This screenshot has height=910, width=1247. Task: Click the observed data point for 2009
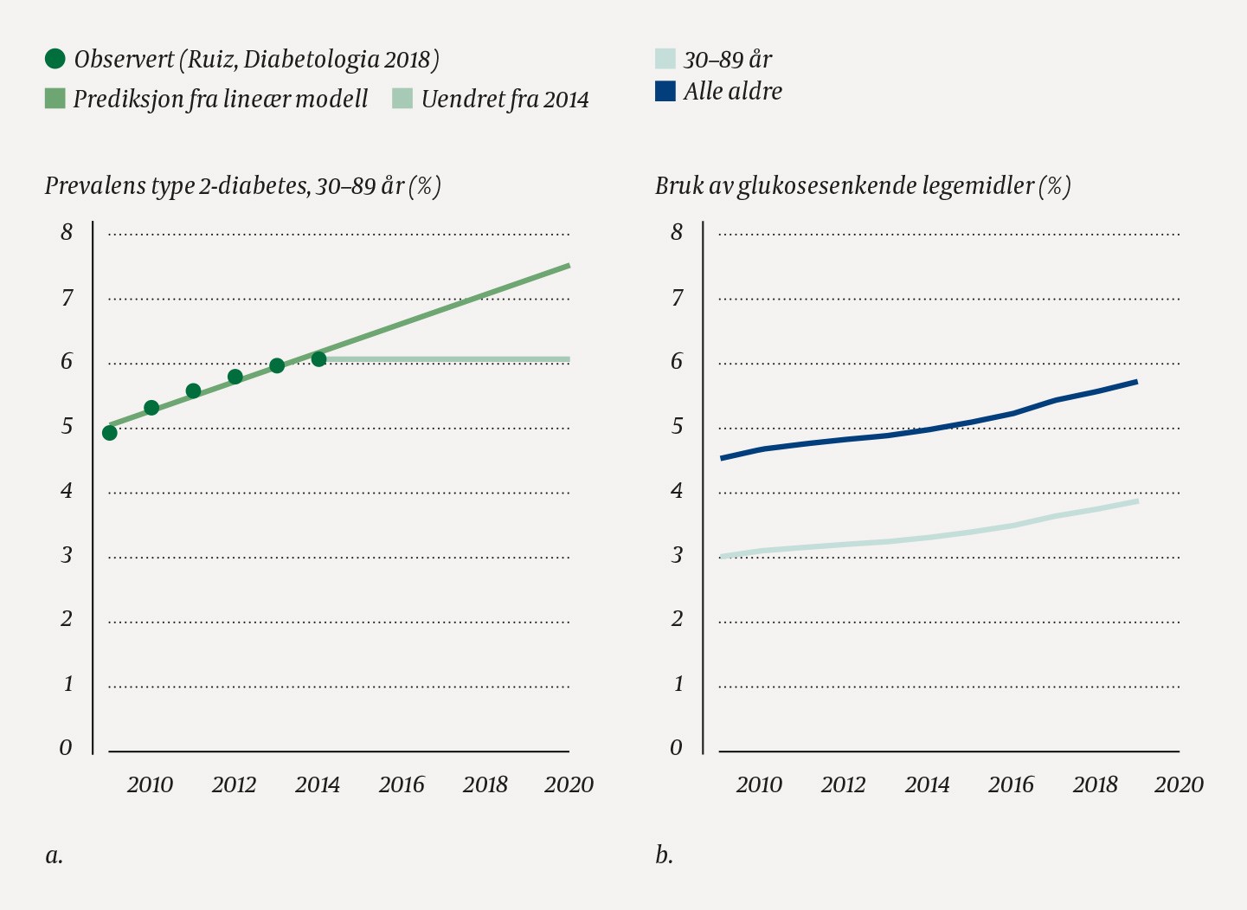[109, 433]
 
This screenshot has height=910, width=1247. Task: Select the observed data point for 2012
[235, 377]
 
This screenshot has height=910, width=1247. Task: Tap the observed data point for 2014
[318, 359]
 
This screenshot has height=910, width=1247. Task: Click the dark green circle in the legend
[55, 59]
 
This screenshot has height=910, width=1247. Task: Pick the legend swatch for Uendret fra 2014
[402, 99]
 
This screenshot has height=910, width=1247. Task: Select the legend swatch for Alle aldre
[665, 91]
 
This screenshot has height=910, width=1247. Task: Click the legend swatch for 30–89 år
[665, 59]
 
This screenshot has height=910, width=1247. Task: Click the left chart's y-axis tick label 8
[67, 232]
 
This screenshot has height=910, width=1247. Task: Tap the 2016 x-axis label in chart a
[402, 784]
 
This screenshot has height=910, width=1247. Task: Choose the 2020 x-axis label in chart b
[1179, 784]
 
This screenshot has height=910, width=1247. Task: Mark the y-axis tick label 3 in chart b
[677, 555]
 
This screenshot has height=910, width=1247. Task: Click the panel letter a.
[54, 855]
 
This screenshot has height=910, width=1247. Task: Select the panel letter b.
[664, 855]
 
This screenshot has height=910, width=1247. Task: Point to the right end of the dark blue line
[1136, 381]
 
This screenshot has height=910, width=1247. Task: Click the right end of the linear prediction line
[569, 265]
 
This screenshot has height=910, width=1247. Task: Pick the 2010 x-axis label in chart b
[759, 784]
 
